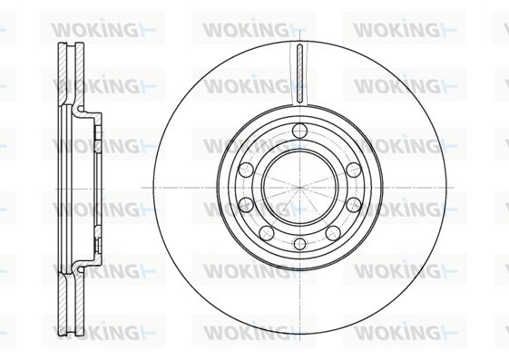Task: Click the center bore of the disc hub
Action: pos(299,188)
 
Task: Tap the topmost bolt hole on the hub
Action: pos(299,131)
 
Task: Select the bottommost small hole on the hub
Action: pos(299,244)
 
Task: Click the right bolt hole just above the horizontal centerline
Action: pos(354,170)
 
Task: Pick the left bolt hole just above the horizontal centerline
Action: pos(246,170)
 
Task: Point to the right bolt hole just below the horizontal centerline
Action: pos(354,205)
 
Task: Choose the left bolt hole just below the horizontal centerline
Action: pos(246,205)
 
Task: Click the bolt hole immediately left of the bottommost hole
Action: pos(267,233)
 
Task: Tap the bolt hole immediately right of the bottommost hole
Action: pos(333,233)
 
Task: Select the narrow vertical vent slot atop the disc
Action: pos(299,73)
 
